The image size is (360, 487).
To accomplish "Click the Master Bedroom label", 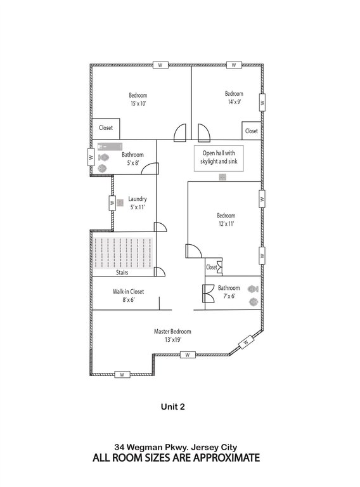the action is click(x=172, y=332).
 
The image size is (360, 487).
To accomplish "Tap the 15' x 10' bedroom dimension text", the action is click(x=138, y=103).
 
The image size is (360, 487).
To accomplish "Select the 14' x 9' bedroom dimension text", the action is click(x=235, y=101).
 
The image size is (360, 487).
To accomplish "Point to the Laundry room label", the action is click(x=138, y=198).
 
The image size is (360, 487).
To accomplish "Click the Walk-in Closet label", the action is click(x=128, y=291).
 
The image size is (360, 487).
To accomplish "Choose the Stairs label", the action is click(x=122, y=273).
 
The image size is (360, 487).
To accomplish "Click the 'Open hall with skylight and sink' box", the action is click(x=219, y=159).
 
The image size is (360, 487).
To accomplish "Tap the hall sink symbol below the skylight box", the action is click(x=222, y=177).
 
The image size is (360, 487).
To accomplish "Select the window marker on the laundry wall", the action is click(x=112, y=203).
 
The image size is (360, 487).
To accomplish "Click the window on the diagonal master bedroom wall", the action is click(x=246, y=342).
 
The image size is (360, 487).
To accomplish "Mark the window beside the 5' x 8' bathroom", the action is click(x=91, y=157).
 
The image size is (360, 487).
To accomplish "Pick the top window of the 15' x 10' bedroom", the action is click(x=160, y=65).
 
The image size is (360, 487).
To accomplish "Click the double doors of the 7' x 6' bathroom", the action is click(x=209, y=294).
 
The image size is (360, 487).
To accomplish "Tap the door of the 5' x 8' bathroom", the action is click(x=150, y=168).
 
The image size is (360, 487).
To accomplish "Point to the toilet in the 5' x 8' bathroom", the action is click(x=104, y=157).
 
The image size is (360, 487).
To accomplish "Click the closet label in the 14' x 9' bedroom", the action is click(x=252, y=131).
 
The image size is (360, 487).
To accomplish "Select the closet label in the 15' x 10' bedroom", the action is click(x=106, y=127).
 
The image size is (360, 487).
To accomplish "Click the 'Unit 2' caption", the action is click(x=173, y=406).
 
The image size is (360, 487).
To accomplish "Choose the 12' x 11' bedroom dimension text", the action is click(x=226, y=224).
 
